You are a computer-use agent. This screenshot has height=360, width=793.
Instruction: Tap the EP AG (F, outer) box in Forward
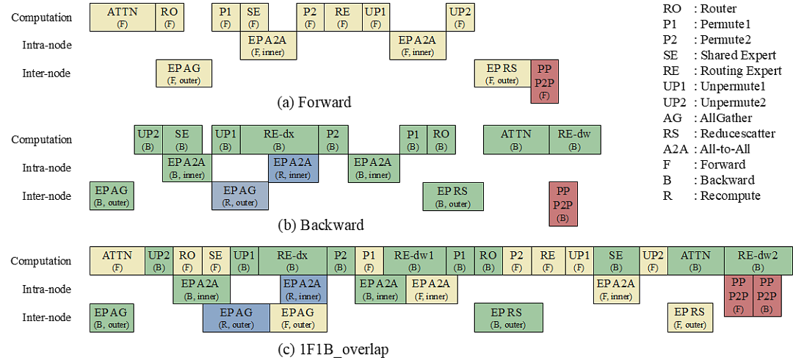coord(184,73)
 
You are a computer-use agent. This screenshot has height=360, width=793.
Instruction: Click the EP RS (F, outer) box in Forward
coord(503,73)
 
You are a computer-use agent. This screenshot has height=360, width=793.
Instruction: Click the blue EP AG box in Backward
coord(239,196)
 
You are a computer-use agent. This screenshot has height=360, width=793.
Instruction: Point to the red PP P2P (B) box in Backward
coord(563,204)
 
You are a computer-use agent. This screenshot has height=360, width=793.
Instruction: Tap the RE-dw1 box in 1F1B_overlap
coord(414,261)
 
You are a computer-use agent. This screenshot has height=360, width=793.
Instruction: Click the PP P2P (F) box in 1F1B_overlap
coord(739,295)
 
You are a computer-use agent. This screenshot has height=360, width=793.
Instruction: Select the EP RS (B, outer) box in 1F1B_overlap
coord(508,317)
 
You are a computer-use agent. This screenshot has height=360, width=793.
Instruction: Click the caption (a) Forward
coord(314,102)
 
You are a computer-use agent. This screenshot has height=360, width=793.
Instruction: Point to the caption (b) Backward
coord(321,224)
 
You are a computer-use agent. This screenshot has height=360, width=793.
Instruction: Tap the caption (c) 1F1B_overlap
coord(333,350)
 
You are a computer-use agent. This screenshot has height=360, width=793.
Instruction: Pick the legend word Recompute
coord(731,195)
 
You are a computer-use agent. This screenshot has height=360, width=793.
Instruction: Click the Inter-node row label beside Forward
coord(46,73)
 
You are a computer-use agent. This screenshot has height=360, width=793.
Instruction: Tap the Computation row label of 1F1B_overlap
coord(42,262)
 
